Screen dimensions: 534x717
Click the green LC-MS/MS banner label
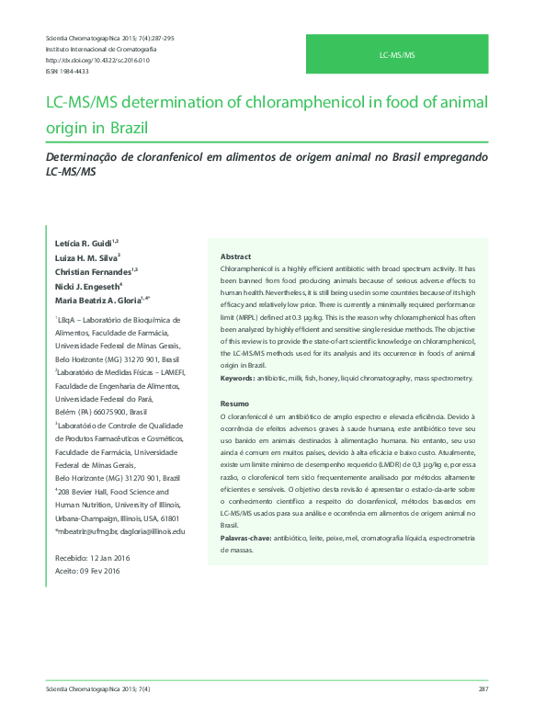pos(397,56)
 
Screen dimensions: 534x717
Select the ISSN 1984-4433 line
pos(67,71)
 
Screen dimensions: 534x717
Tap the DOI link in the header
pos(97,60)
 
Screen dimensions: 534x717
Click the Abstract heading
pos(235,256)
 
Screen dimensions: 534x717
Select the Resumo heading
pos(234,405)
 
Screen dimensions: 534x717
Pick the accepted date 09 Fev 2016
pos(99,572)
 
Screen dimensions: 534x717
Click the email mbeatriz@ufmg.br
pos(86,531)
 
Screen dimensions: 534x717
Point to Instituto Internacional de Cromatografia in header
pos(100,49)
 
